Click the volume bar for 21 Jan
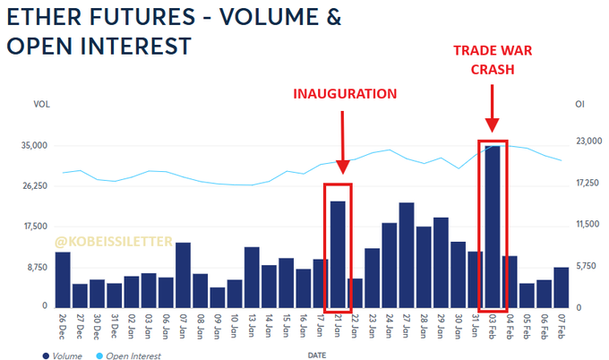[338, 254]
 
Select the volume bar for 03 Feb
[493, 227]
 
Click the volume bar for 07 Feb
[562, 287]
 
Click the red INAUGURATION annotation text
[346, 93]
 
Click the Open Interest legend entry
[132, 356]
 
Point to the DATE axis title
[317, 356]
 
